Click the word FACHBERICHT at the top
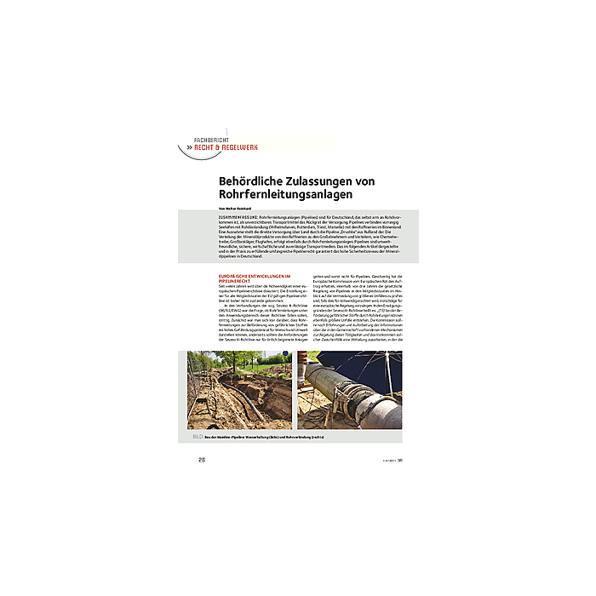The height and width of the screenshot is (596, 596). click(212, 140)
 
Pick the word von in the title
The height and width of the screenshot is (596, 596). click(363, 181)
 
